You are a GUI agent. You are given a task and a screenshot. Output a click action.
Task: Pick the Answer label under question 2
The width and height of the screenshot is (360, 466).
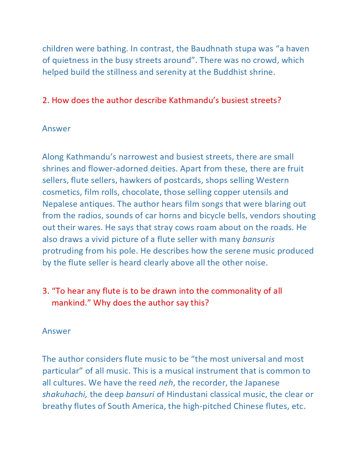click(56, 129)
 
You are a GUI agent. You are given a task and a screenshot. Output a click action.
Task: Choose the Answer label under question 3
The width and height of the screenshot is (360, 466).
click(56, 331)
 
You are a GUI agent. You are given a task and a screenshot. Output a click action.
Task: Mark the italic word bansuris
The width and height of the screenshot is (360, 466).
click(259, 239)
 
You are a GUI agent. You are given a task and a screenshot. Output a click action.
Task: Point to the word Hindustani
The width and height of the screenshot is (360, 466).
click(187, 394)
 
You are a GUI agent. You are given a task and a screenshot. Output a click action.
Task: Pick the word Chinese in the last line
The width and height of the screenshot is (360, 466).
click(248, 406)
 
